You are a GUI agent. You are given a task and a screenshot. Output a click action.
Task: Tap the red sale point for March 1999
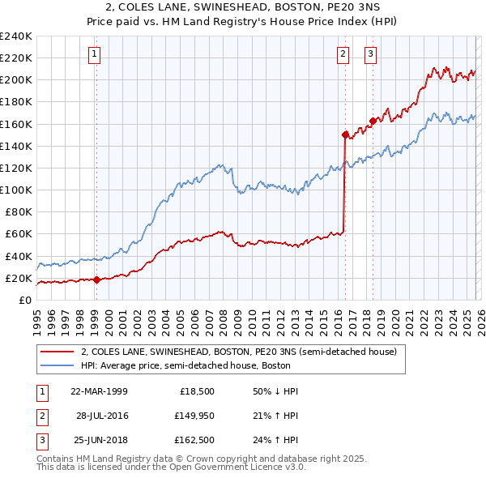pyautogui.click(x=96, y=280)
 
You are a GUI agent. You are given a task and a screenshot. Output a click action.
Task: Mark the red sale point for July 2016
pyautogui.click(x=345, y=135)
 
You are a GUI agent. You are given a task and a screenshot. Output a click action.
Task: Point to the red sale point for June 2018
pyautogui.click(x=373, y=122)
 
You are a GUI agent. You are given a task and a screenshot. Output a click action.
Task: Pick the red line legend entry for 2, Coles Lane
pyautogui.click(x=238, y=352)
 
